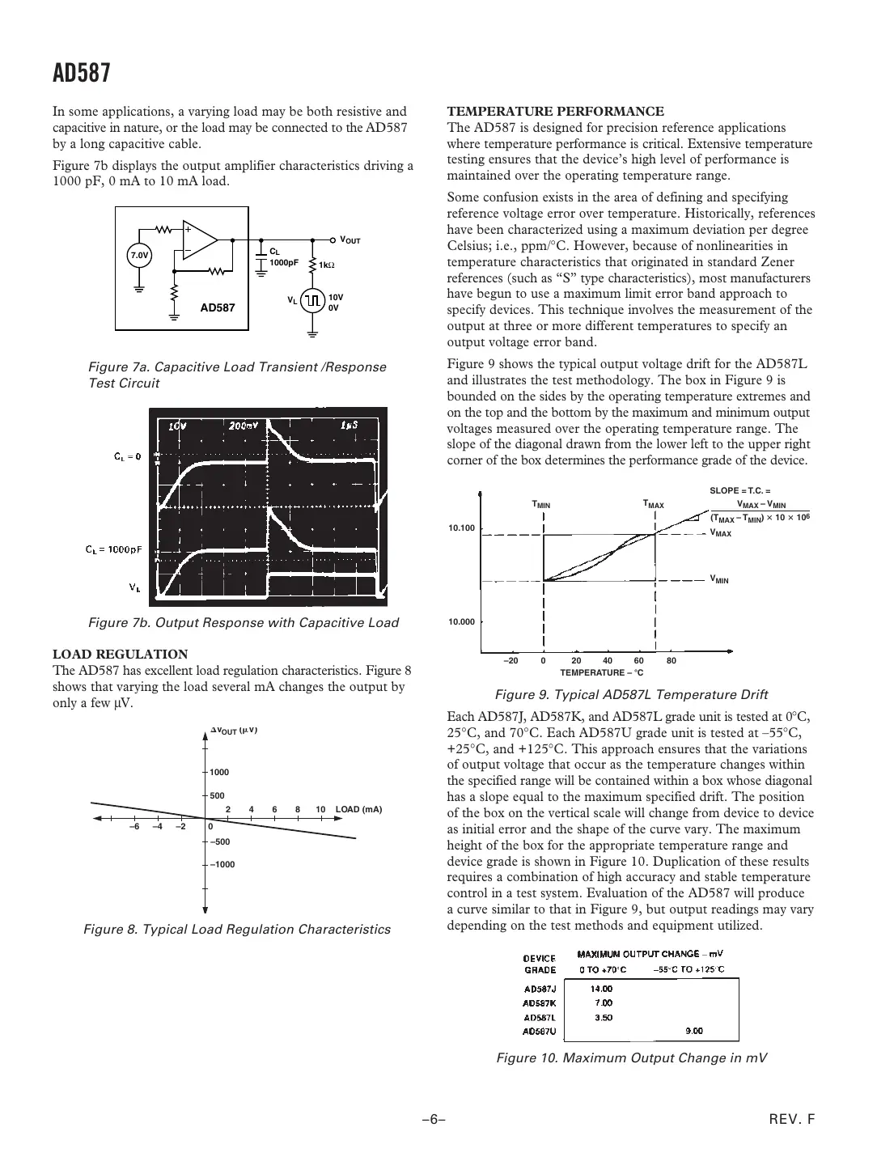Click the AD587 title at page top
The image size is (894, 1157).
[x=81, y=74]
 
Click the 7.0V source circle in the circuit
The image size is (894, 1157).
[x=139, y=256]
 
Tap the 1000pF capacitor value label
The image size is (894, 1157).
[x=284, y=263]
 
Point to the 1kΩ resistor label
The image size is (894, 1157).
[x=327, y=265]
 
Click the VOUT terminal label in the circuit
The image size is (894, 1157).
[x=350, y=240]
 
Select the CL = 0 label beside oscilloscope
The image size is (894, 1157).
[x=127, y=456]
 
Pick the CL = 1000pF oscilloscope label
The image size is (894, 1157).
[x=114, y=549]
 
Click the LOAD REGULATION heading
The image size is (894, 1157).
[x=121, y=654]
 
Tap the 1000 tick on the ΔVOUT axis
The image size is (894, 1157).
[x=220, y=772]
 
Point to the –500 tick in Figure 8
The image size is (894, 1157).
[x=221, y=842]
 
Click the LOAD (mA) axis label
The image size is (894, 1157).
[x=358, y=809]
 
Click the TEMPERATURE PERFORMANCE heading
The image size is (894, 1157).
[x=556, y=111]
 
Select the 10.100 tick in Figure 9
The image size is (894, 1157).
[x=462, y=528]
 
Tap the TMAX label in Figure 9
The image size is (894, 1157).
[x=653, y=504]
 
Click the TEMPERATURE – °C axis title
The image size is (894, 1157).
[x=601, y=672]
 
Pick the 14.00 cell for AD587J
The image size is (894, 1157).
[x=602, y=988]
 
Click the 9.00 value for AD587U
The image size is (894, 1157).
[x=693, y=1031]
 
